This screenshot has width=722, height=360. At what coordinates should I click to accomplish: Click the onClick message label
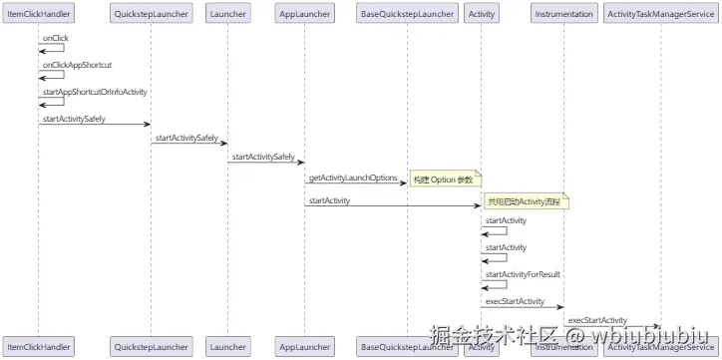(x=55, y=37)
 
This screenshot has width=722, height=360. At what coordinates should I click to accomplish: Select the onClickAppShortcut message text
(x=77, y=64)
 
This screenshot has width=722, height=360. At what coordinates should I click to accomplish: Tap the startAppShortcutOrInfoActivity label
(x=95, y=92)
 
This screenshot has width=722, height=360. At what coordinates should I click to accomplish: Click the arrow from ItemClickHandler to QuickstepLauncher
(x=95, y=125)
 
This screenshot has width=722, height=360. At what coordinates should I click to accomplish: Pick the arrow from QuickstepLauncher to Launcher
(x=189, y=144)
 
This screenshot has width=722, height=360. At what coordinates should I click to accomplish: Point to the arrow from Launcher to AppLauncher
(x=266, y=162)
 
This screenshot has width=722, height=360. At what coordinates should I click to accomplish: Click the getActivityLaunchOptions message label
(x=353, y=178)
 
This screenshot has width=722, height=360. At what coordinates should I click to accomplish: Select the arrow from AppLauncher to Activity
(x=393, y=206)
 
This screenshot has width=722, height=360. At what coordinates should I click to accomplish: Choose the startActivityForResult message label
(x=522, y=273)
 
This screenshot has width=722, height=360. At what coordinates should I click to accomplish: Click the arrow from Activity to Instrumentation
(x=522, y=306)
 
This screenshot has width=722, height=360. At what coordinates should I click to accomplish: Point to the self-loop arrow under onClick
(x=52, y=48)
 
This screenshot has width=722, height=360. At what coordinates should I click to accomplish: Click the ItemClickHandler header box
(x=39, y=15)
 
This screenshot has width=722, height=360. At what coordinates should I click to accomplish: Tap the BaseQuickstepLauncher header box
(x=407, y=15)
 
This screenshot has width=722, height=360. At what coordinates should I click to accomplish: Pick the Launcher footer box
(x=228, y=347)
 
